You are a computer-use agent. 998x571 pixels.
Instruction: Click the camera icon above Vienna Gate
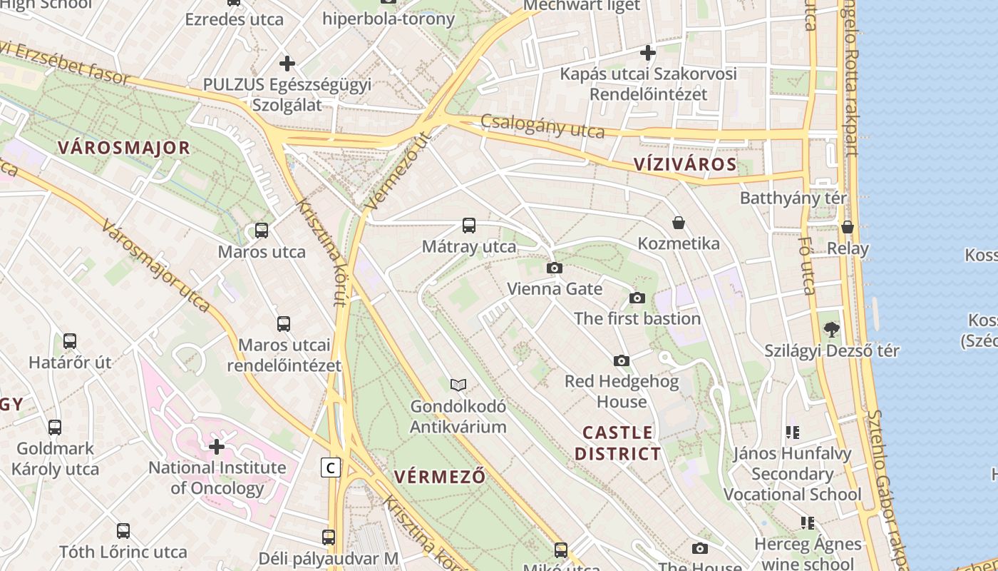554,268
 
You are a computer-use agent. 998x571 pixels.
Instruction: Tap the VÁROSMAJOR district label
124,148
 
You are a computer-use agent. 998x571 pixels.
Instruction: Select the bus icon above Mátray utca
468,226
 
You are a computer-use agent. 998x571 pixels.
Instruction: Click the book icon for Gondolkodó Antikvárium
458,385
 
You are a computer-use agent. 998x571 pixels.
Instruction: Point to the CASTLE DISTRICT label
617,443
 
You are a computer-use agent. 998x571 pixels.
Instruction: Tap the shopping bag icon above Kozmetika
679,223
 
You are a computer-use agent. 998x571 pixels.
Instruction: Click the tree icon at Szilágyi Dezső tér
831,330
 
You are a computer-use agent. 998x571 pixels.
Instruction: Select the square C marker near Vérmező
330,468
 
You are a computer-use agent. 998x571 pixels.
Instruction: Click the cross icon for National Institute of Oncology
217,447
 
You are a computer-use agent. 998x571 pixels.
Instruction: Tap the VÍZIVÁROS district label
685,165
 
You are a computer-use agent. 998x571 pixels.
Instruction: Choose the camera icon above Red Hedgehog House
622,361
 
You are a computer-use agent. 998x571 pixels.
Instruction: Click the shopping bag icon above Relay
848,227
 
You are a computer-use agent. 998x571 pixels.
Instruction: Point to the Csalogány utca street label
542,126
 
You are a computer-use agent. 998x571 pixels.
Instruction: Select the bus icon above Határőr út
70,341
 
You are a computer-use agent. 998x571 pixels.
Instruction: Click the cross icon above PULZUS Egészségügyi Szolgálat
287,64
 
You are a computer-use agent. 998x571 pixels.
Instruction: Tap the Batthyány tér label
793,198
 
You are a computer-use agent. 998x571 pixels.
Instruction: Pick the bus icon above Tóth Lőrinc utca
123,531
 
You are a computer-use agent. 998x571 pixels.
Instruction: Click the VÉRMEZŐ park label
440,477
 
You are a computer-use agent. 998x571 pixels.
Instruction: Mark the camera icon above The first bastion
637,298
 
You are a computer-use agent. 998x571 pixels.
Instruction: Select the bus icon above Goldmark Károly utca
55,428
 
